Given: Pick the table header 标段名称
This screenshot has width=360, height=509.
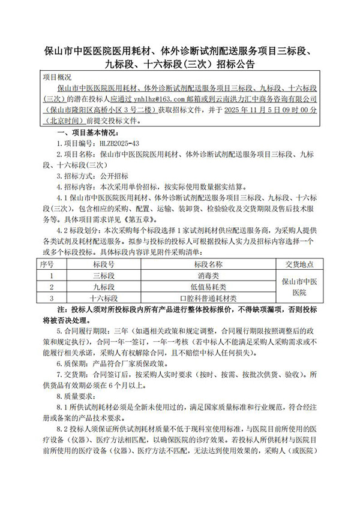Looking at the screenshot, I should click(208, 264).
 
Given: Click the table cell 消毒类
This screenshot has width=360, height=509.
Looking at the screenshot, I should click(208, 276).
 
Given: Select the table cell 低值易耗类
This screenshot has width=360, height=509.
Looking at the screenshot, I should click(208, 287).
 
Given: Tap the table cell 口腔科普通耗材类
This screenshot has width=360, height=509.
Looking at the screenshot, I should click(208, 297).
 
